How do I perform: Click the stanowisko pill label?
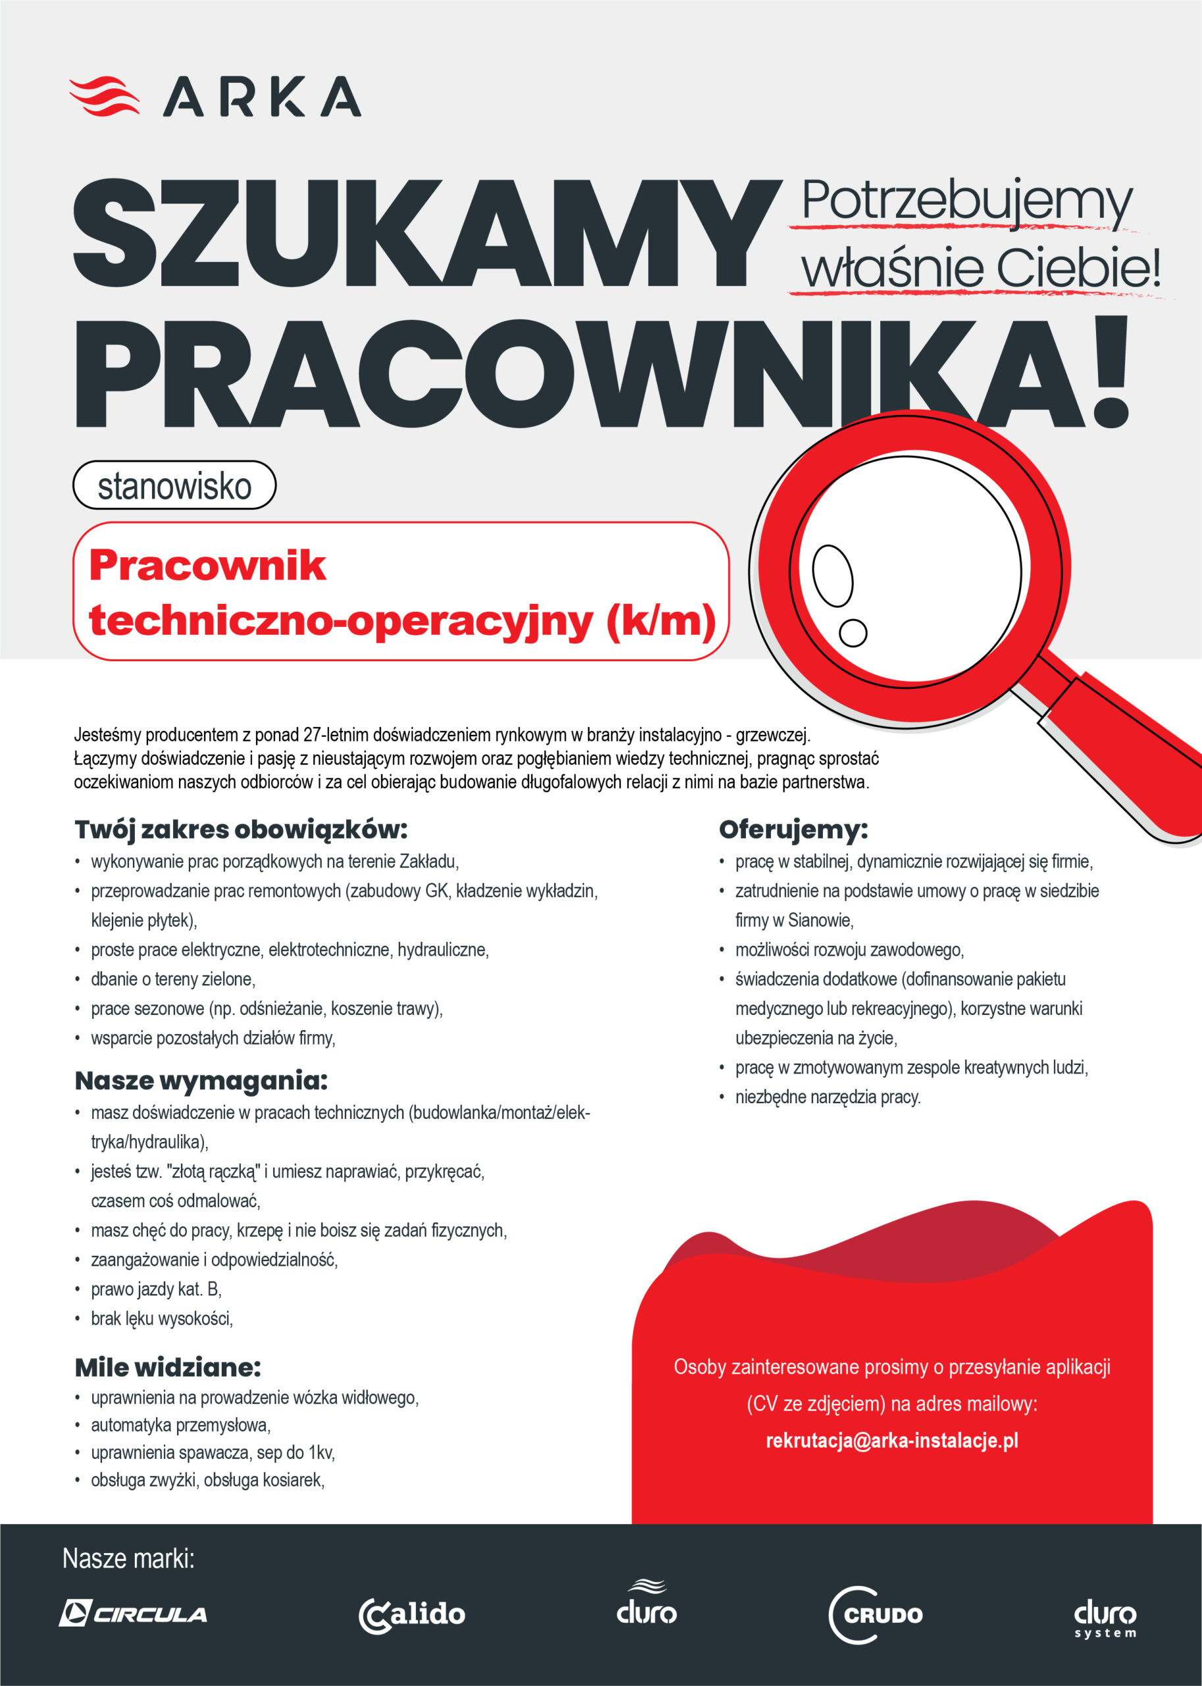(x=174, y=486)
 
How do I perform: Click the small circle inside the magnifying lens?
(x=852, y=632)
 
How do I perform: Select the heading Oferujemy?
(x=793, y=829)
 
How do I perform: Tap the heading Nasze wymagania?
(x=201, y=1081)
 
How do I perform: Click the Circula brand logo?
(x=133, y=1614)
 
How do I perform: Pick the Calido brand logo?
(x=412, y=1614)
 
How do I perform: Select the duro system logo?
(x=1105, y=1619)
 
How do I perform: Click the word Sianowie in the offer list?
(x=820, y=920)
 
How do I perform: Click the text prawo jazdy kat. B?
(x=155, y=1289)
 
